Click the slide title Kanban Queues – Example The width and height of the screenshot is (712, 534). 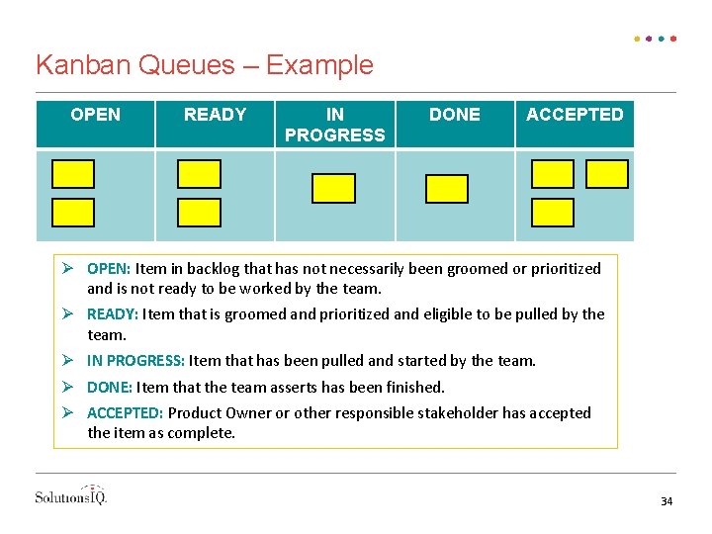(205, 65)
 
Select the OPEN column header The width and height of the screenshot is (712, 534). (96, 115)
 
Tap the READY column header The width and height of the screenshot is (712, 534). (215, 115)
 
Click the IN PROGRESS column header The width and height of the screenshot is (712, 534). (334, 125)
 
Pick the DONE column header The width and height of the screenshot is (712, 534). (455, 115)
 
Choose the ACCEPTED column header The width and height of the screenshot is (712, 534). (575, 115)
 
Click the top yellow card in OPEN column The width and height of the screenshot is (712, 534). (73, 174)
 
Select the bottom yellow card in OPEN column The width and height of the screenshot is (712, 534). (73, 213)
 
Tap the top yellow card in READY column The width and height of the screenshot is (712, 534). (199, 174)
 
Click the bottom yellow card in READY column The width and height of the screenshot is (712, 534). (199, 213)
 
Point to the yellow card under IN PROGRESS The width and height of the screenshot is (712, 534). (333, 188)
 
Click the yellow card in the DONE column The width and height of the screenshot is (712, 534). (447, 188)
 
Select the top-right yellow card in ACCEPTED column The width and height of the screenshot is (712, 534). (607, 174)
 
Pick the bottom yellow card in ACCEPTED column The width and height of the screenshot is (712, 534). (553, 213)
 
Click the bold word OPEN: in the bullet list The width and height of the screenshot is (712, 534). (109, 269)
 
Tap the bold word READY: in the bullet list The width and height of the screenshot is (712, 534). (113, 314)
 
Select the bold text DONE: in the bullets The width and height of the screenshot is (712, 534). (110, 387)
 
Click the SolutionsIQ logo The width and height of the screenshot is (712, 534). (71, 495)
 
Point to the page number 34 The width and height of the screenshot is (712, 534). (667, 502)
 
